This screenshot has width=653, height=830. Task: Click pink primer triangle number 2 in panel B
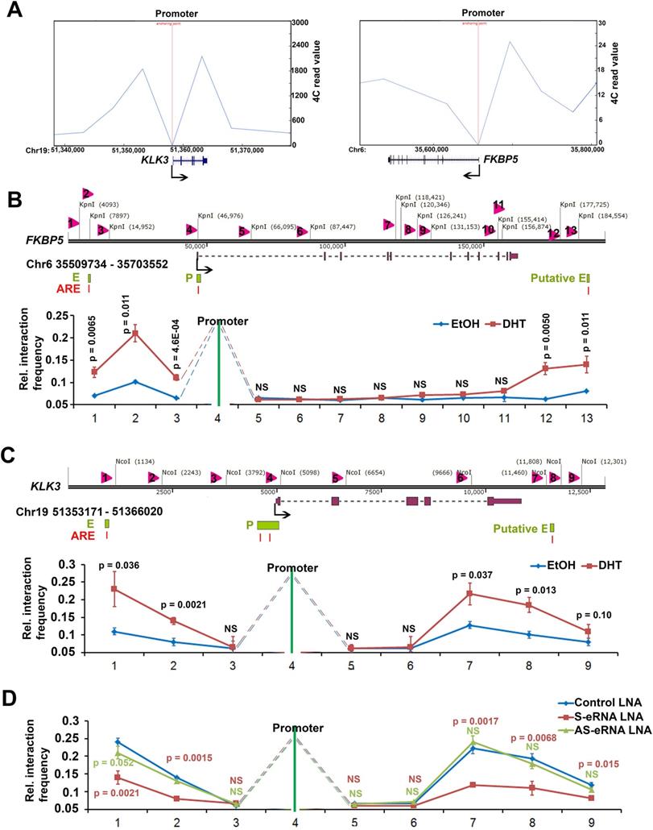[x=87, y=193]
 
